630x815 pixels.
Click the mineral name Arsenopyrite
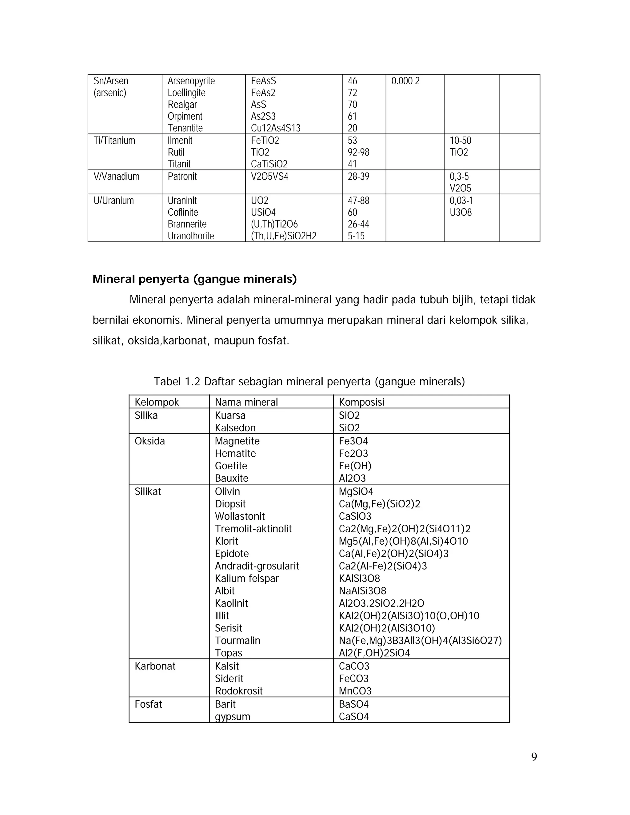point(191,81)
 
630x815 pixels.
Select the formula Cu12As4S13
point(275,128)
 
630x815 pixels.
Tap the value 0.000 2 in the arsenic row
point(405,81)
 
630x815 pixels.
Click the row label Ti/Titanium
point(114,141)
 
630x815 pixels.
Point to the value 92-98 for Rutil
point(358,152)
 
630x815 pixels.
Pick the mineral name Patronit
point(182,177)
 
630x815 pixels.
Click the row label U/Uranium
point(114,201)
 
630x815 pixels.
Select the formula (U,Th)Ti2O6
point(274,224)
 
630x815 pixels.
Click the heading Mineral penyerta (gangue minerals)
point(194,279)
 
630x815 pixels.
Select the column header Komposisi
point(361,402)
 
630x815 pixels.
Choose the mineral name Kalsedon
point(235,428)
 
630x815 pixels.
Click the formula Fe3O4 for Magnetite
point(353,441)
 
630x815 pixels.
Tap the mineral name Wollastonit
point(240,516)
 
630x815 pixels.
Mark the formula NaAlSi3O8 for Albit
point(362,591)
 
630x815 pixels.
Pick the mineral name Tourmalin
point(237,640)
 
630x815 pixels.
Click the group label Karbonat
point(155,666)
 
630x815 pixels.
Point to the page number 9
point(534,757)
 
